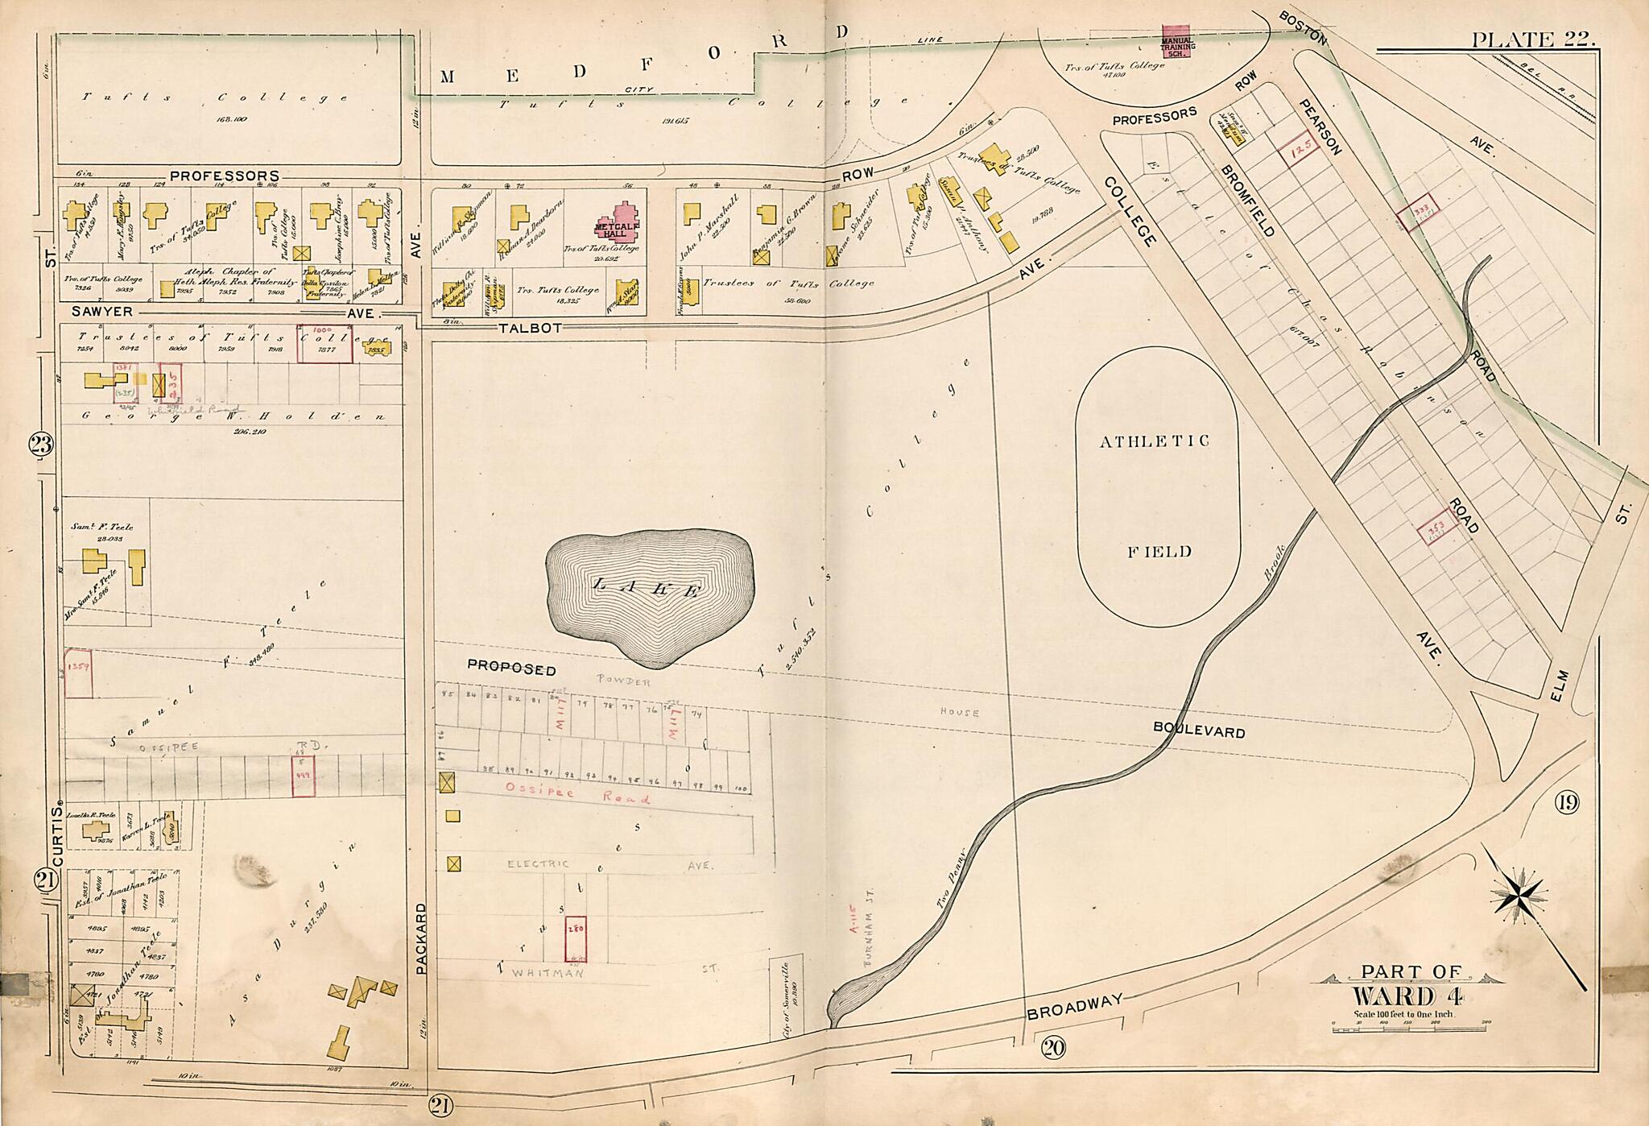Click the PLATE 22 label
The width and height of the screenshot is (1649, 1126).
point(1532,39)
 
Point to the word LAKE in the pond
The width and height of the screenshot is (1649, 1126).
point(647,589)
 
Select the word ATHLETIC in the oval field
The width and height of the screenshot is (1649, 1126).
point(1155,441)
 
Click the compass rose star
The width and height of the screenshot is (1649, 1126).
point(1518,895)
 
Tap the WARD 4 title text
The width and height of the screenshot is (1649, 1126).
point(1407,996)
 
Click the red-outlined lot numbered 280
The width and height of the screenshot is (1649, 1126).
point(576,939)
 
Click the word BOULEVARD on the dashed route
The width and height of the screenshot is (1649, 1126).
point(1198,730)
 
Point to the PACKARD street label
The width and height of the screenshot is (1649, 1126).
point(420,938)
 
